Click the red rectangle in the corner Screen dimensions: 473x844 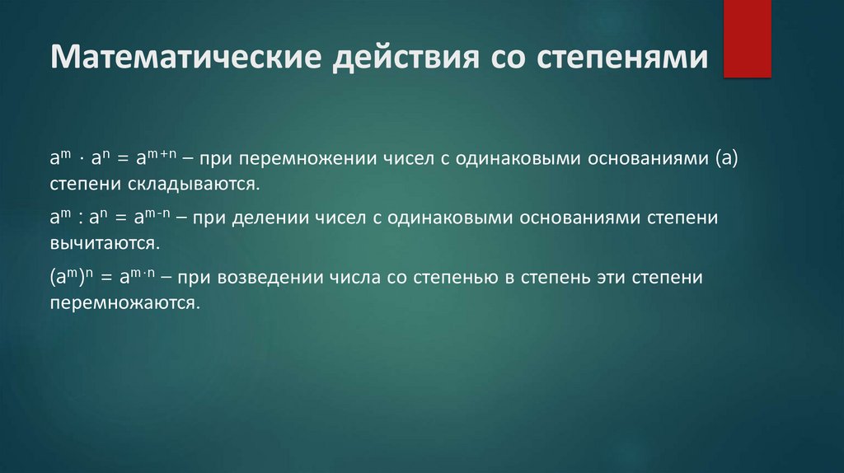click(747, 39)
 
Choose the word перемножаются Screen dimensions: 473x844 click(125, 302)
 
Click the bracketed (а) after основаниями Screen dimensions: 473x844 click(724, 158)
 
